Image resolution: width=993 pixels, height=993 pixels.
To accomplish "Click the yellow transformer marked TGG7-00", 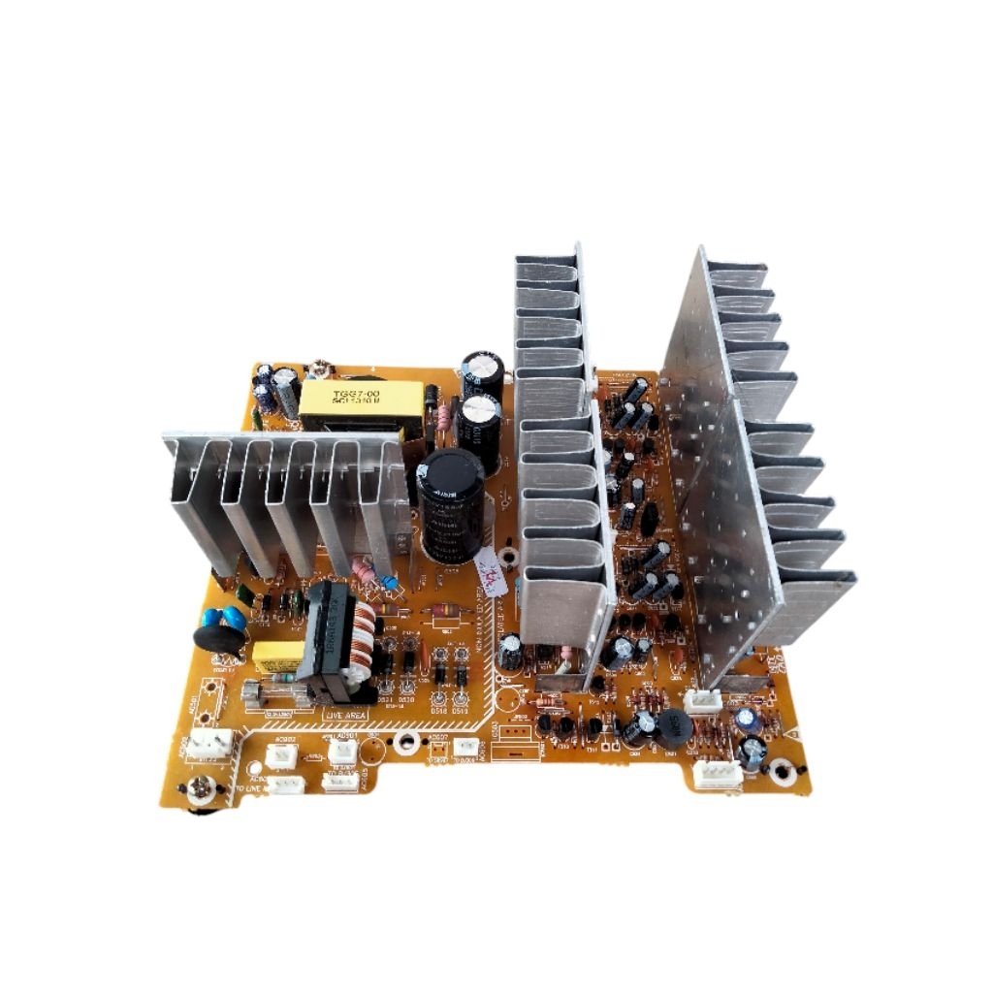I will tap(361, 406).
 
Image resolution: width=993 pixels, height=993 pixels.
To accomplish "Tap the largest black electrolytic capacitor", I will tap(451, 504).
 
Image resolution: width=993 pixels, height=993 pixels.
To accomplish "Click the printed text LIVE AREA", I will tap(347, 715).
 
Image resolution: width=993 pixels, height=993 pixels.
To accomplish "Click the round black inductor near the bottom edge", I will tap(670, 728).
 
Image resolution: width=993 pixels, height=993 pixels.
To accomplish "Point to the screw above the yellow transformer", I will tap(318, 370).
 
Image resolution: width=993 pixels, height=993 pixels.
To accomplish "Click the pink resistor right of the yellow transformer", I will tap(445, 417).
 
